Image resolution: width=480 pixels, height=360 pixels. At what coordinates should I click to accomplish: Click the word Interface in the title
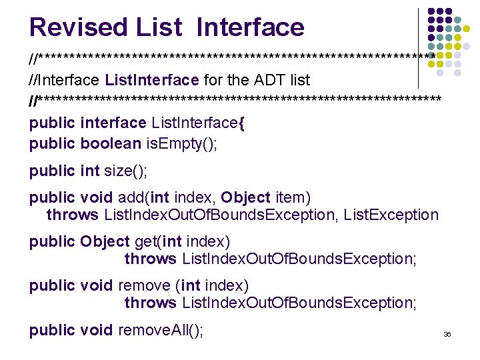click(251, 27)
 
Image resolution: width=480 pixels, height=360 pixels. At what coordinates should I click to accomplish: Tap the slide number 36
click(447, 333)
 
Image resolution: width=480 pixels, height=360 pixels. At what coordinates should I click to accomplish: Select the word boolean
click(111, 143)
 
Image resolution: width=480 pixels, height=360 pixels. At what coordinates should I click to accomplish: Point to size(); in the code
click(126, 171)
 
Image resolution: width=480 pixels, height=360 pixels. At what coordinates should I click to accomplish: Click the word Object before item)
click(245, 197)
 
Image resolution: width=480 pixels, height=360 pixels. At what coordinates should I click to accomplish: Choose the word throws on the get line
click(150, 259)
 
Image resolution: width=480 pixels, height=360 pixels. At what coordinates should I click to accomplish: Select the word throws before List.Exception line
click(72, 215)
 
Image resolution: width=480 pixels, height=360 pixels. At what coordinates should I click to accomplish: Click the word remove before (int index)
click(144, 285)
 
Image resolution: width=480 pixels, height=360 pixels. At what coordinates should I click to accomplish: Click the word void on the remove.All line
click(97, 329)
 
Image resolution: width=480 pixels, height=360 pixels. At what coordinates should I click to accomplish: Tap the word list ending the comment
click(300, 81)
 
